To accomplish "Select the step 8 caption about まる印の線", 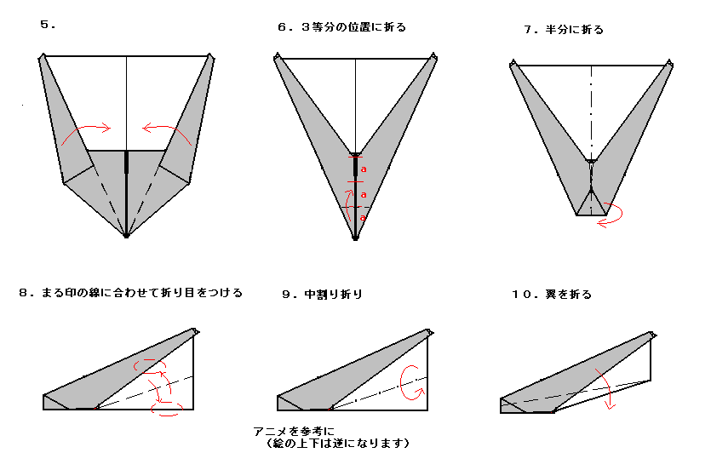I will (x=130, y=293).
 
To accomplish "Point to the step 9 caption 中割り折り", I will (x=322, y=295).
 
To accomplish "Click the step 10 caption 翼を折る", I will (x=551, y=295).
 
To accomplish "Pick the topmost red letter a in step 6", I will (x=364, y=169).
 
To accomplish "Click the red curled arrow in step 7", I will (x=608, y=217).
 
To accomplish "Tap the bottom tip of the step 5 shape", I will (x=126, y=236).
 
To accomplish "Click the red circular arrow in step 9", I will (x=412, y=380).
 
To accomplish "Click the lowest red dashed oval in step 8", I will (x=166, y=410).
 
